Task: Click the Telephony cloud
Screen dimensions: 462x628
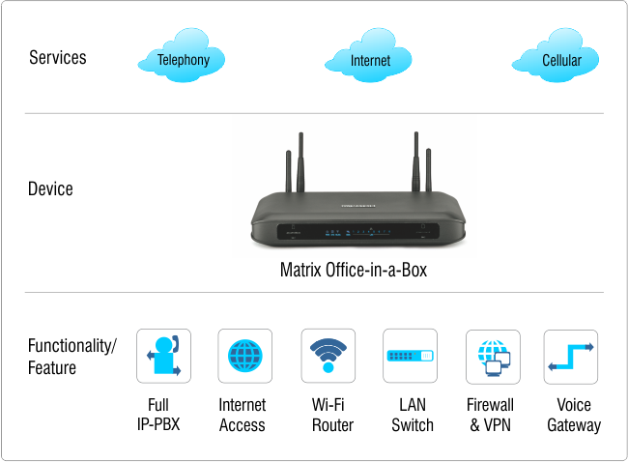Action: tap(184, 59)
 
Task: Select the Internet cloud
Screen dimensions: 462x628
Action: tap(370, 60)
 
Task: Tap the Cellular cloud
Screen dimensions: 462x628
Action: tap(560, 60)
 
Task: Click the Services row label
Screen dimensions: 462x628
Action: tap(58, 57)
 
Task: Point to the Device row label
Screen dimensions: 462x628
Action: tap(50, 188)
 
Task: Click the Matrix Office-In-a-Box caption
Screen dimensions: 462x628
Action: tap(353, 271)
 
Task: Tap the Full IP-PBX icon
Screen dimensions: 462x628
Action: tap(163, 356)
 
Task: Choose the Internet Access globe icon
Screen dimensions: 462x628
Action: tap(244, 356)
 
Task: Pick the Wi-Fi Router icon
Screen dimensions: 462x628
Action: tap(328, 356)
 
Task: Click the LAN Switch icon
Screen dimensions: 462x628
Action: tap(411, 356)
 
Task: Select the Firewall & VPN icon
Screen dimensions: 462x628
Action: tap(493, 356)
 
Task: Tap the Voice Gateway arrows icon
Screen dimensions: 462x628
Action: tap(571, 356)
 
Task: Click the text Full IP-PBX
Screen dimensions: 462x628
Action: tap(163, 415)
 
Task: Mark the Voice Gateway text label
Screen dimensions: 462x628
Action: tap(574, 415)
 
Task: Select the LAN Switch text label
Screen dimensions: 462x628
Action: tap(413, 415)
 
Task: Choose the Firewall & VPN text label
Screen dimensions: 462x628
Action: tap(490, 415)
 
